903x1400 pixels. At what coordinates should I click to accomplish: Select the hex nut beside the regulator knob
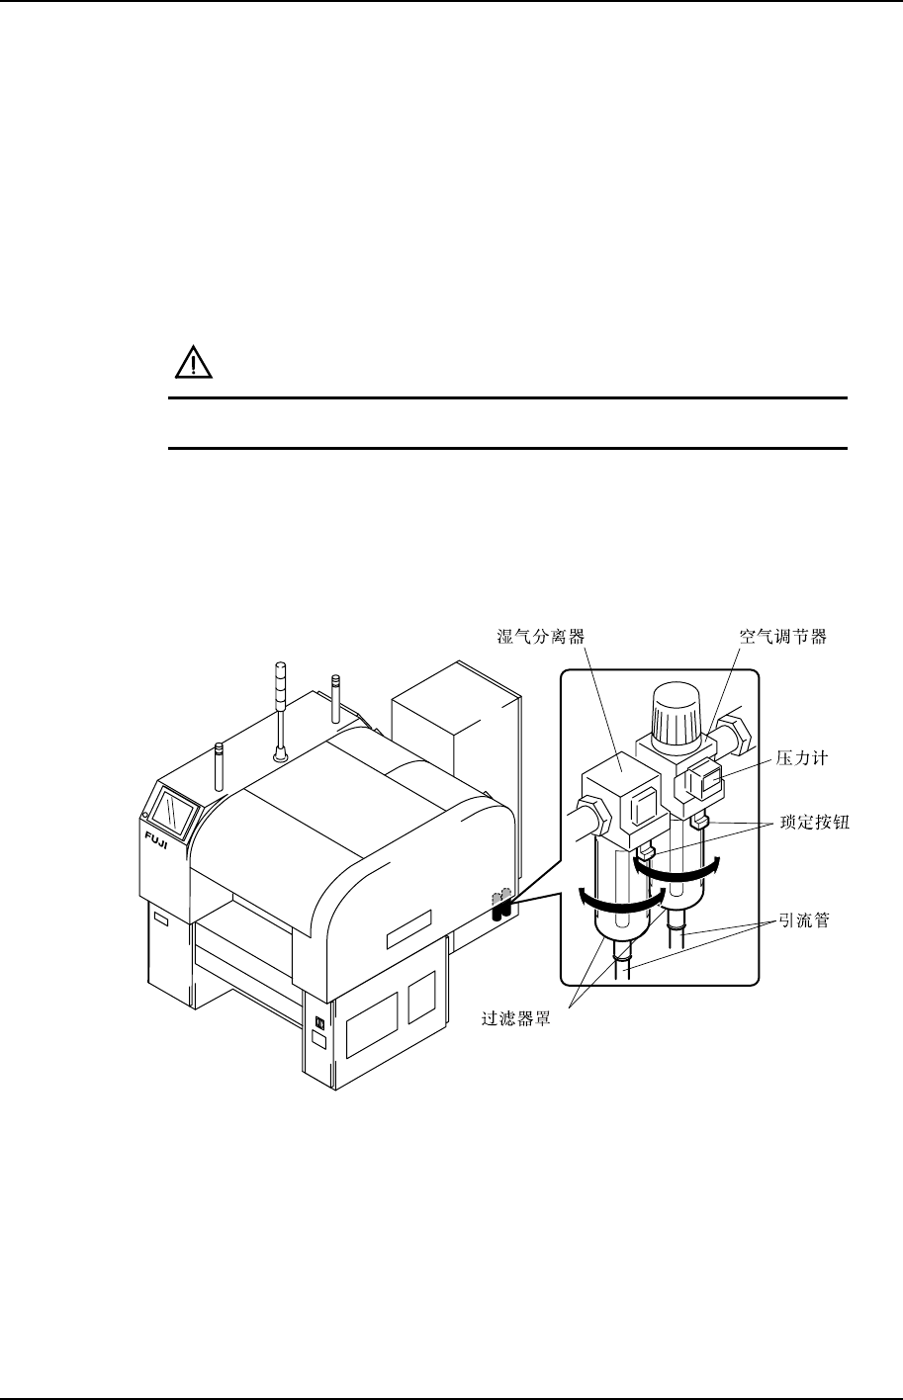click(735, 733)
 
